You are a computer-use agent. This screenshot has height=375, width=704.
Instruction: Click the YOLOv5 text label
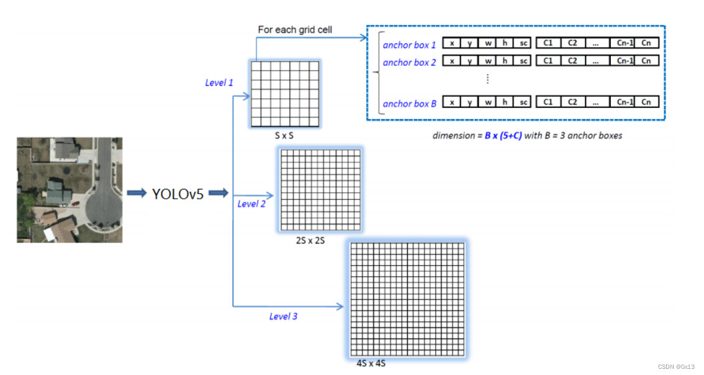point(178,194)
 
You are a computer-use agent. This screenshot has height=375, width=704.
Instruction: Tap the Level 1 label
point(219,83)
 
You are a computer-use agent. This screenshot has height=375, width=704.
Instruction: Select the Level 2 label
point(251,204)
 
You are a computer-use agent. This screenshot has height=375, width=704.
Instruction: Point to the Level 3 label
point(283,317)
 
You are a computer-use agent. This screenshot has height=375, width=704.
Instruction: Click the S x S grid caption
point(285,135)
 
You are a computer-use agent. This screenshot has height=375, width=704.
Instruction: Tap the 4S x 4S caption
point(371,363)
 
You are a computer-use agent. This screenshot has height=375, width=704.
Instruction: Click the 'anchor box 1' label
point(409,45)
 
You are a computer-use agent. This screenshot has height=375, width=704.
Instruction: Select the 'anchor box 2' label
point(409,62)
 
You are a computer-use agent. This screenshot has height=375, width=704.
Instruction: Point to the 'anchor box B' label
point(409,104)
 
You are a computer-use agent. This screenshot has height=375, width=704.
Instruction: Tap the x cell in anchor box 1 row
point(452,43)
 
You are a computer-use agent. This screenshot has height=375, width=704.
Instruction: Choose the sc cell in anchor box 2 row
point(523,61)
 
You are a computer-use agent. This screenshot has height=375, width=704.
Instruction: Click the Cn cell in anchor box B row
point(646,102)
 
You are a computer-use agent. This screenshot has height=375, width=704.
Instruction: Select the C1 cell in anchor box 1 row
point(548,43)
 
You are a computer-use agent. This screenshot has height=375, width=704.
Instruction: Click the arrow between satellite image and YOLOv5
point(137,194)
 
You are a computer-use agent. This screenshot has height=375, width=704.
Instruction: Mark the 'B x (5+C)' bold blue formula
point(505,135)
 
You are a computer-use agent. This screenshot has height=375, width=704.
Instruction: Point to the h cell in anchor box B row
point(505,102)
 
